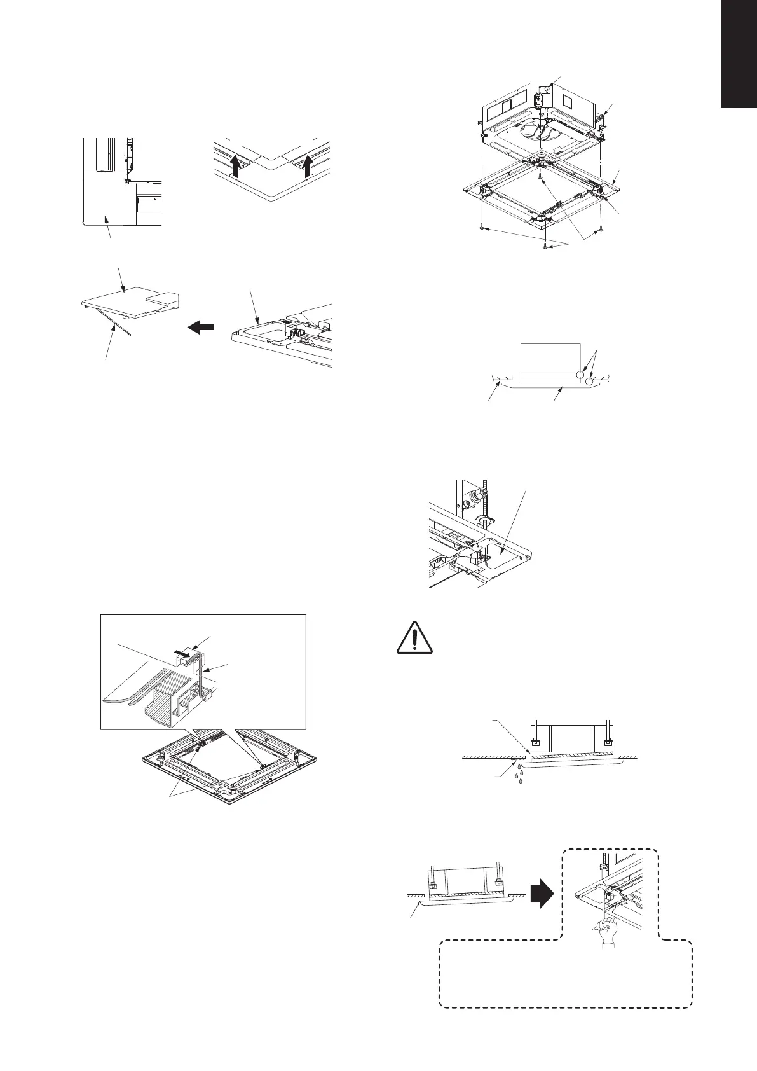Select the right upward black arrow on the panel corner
click(309, 167)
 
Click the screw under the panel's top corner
click(540, 179)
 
